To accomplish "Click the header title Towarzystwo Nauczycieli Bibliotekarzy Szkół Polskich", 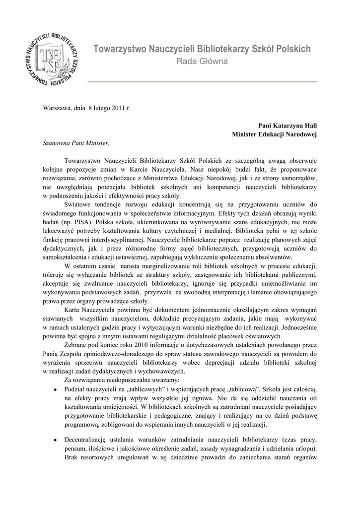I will pyautogui.click(x=202, y=49).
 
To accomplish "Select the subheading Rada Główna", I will pyautogui.click(x=202, y=62).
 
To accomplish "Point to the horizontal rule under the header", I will pyautogui.click(x=202, y=81).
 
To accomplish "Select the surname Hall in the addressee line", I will pyautogui.click(x=309, y=126).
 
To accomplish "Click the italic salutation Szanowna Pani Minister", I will pyautogui.click(x=75, y=143).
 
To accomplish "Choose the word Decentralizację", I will pyautogui.click(x=90, y=440).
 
